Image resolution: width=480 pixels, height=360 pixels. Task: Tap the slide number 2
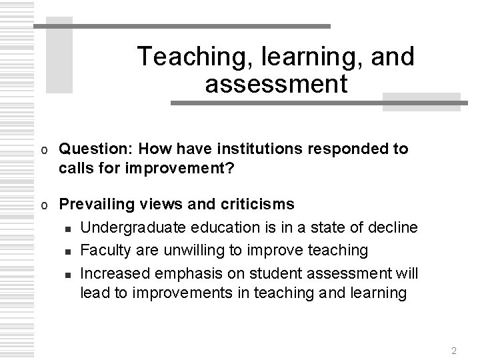[453, 351]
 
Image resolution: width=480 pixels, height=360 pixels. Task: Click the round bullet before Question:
[43, 149]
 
